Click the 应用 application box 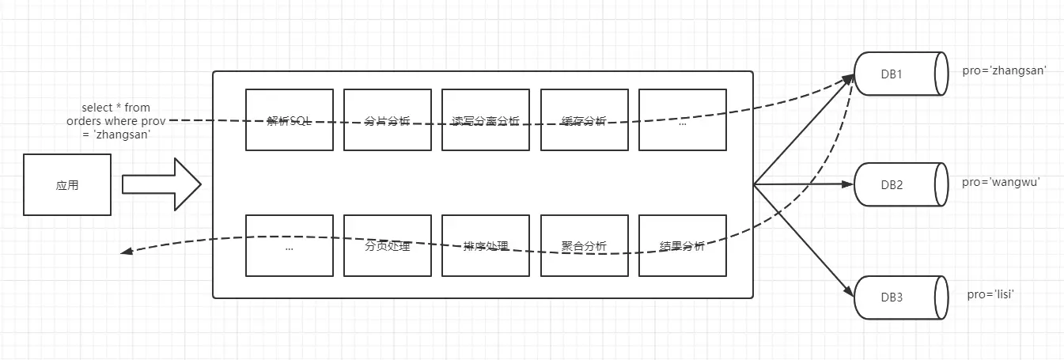[67, 185]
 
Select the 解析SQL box [290, 119]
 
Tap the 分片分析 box [388, 119]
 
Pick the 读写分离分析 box [486, 119]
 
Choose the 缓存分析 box [584, 119]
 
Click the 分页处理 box [388, 245]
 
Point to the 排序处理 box [486, 245]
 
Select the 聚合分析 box [584, 245]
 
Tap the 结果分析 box [682, 245]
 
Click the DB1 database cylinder [900, 74]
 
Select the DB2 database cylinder [900, 185]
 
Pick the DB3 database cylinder [900, 298]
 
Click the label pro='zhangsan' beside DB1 [1005, 70]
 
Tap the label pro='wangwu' [1001, 182]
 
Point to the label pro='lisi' [990, 294]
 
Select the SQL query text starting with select [115, 120]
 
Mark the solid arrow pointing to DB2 [803, 184]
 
